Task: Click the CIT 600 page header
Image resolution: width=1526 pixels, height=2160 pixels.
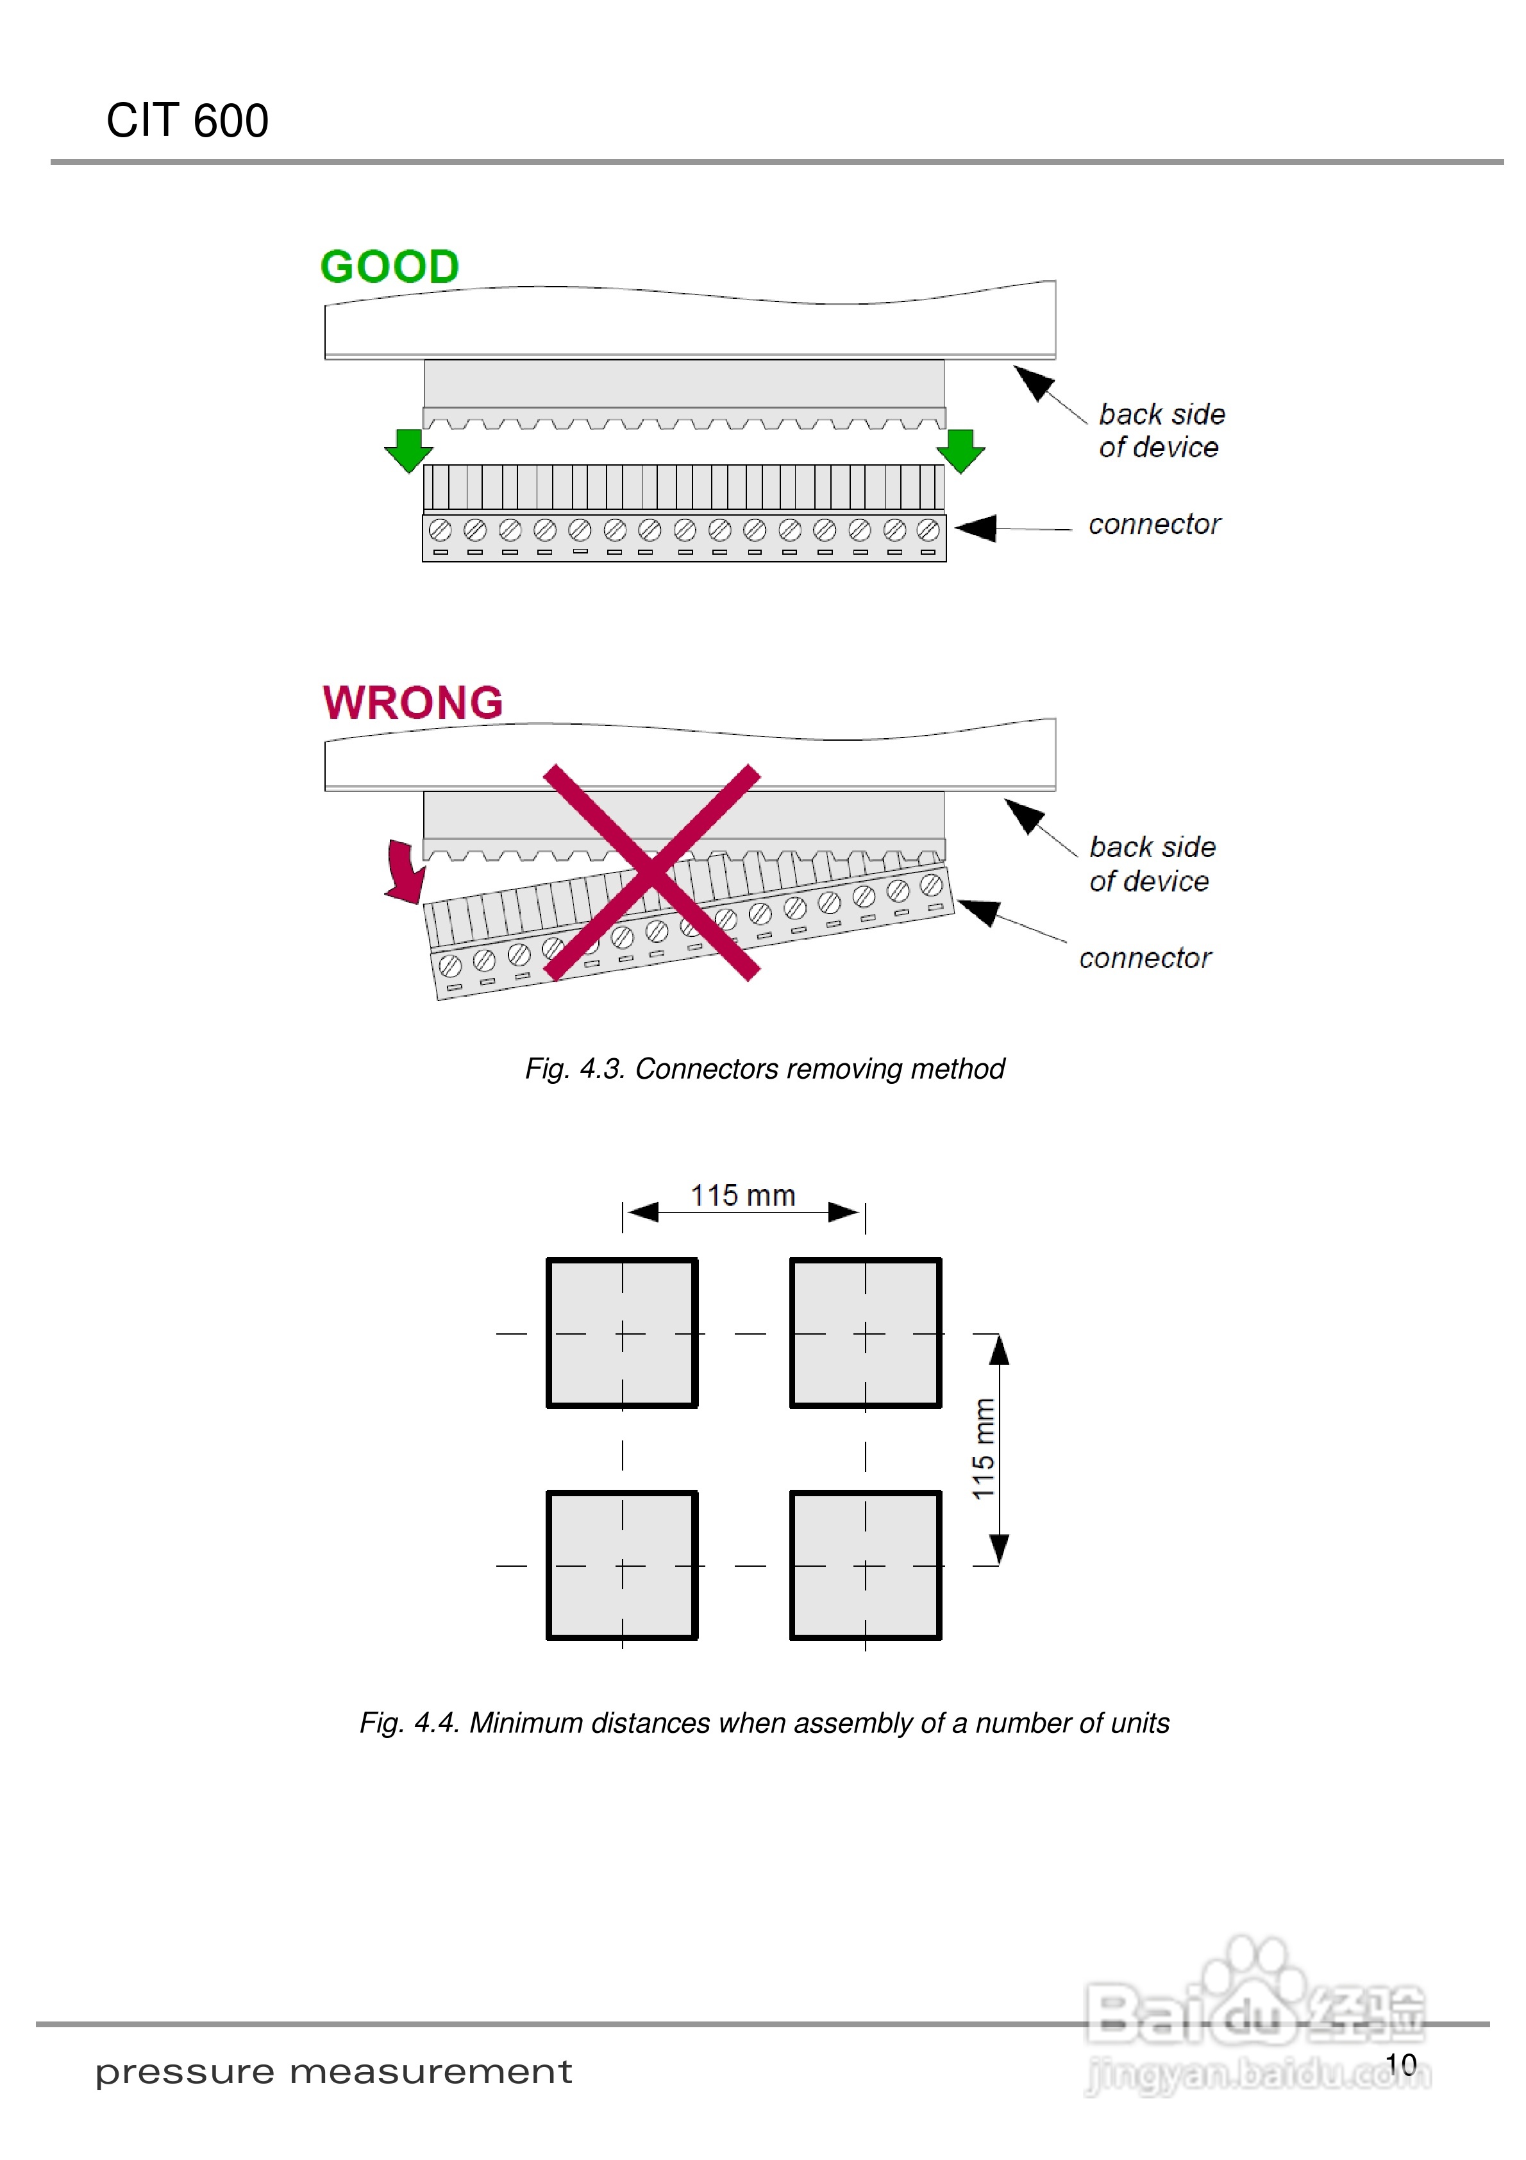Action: click(x=187, y=121)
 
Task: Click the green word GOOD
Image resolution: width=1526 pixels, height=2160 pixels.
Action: click(x=389, y=267)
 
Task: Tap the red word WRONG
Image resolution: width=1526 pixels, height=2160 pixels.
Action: click(x=412, y=703)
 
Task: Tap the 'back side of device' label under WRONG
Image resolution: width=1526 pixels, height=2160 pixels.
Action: click(x=1152, y=864)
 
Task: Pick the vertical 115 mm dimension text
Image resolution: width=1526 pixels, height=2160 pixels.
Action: click(x=983, y=1449)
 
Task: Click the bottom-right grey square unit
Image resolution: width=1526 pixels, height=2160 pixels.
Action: click(x=866, y=1565)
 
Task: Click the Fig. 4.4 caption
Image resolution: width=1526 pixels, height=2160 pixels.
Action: click(x=764, y=1723)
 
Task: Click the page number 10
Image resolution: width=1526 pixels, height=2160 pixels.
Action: click(x=1401, y=2065)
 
